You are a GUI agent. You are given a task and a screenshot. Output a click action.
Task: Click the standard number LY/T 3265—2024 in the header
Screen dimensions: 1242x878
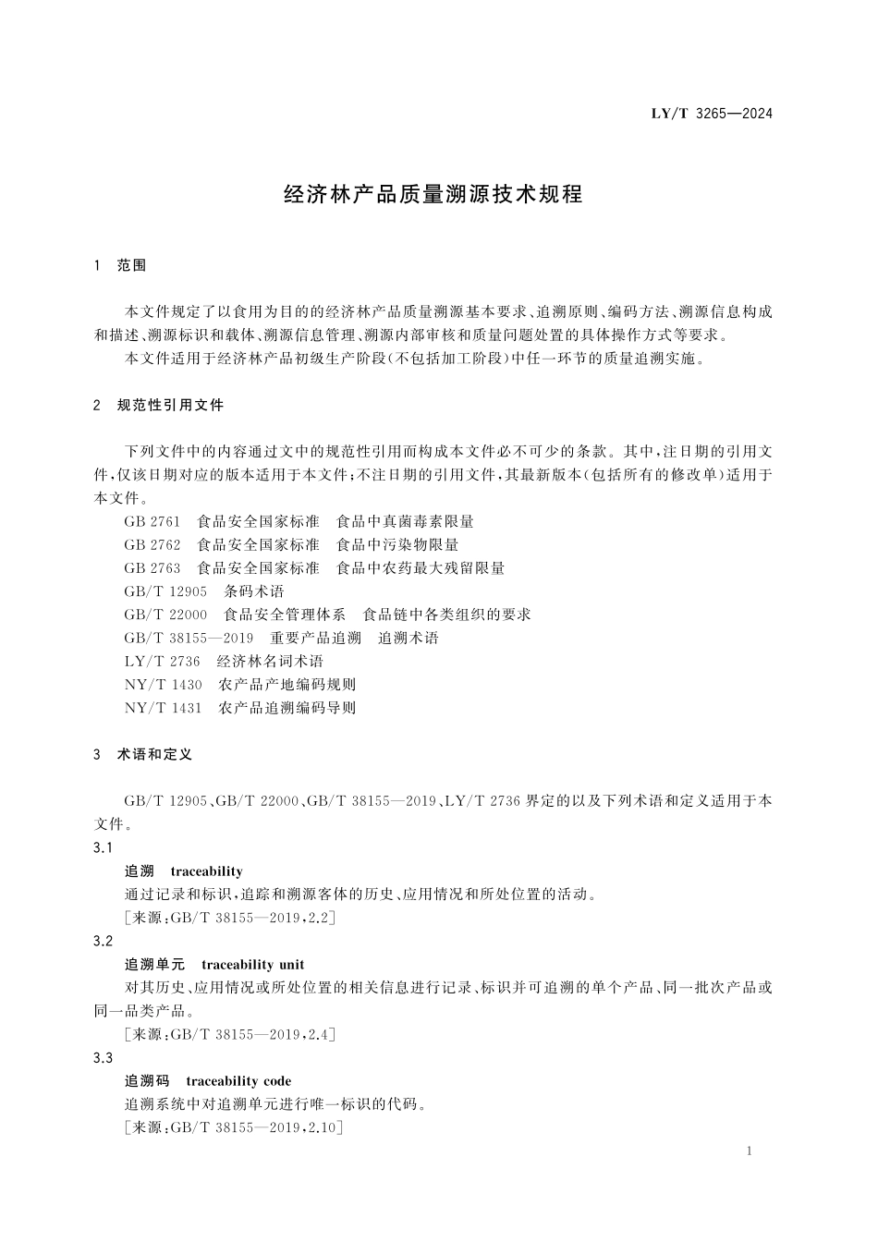coord(711,114)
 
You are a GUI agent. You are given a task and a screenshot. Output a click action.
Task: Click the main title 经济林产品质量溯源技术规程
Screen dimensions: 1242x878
coord(433,195)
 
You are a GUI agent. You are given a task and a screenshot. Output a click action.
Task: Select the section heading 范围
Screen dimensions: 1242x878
coord(131,265)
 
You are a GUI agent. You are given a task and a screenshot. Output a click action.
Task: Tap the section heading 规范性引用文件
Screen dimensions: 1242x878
coord(170,405)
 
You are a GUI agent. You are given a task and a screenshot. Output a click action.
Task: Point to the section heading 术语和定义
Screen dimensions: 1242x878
coord(154,754)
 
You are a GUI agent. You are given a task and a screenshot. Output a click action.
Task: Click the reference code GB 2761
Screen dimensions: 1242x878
coord(152,521)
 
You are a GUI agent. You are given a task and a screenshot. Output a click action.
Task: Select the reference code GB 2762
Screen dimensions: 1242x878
coord(152,544)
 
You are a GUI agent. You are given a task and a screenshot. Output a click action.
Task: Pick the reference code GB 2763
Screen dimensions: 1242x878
coord(152,567)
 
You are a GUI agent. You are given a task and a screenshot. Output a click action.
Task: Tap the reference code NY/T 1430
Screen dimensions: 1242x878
coord(163,685)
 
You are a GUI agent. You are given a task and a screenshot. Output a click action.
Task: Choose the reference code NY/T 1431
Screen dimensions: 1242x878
coord(163,708)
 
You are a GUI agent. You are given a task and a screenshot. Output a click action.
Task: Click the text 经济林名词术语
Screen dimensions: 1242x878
coord(270,661)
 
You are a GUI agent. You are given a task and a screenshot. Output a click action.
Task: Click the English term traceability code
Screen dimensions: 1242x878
coord(238,1081)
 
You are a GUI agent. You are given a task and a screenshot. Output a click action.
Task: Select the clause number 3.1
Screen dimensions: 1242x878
coord(103,848)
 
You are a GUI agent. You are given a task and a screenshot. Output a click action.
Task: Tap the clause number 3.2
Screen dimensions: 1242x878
coord(103,941)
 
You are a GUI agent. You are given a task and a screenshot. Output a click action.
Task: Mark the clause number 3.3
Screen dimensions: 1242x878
coord(103,1058)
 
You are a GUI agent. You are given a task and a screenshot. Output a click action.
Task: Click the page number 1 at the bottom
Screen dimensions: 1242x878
coord(749,1151)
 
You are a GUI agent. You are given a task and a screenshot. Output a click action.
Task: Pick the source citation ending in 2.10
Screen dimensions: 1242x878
coord(232,1127)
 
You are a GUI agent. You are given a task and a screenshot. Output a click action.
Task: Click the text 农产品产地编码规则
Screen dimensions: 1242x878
coord(287,685)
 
